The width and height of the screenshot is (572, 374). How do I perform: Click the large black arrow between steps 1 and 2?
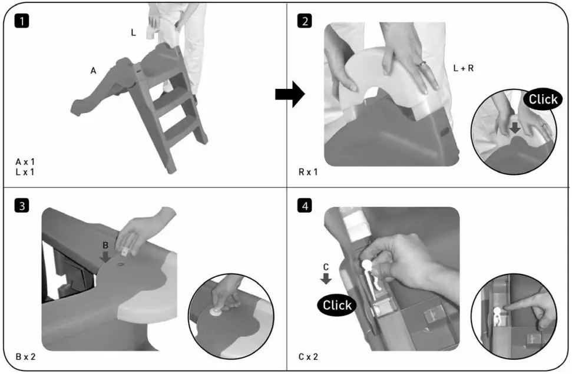(289, 94)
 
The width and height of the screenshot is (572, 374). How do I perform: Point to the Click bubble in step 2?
(542, 99)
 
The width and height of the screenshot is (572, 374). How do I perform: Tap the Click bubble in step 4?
(337, 305)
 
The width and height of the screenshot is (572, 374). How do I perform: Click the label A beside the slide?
(93, 71)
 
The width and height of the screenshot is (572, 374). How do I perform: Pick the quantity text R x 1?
(308, 173)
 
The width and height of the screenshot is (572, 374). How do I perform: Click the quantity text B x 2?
(27, 356)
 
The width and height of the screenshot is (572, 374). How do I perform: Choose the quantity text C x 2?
(309, 356)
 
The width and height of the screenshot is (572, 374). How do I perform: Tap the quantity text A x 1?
(26, 161)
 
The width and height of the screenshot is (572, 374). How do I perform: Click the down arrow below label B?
(105, 257)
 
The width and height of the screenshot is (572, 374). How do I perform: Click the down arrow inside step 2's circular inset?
(514, 128)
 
